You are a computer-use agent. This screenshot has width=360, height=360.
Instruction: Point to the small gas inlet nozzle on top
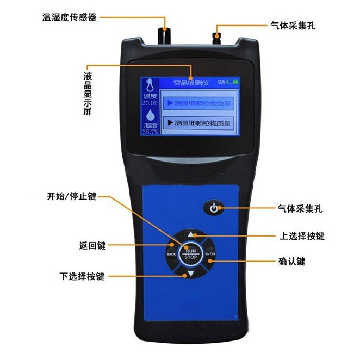pyautogui.click(x=219, y=35)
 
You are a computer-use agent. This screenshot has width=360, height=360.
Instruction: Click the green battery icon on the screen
pyautogui.click(x=232, y=82)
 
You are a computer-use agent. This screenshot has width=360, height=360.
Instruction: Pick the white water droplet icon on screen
pyautogui.click(x=149, y=115)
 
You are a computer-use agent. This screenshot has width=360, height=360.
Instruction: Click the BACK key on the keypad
pyautogui.click(x=171, y=254)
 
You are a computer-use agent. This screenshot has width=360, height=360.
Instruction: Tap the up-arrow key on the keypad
pyautogui.click(x=190, y=235)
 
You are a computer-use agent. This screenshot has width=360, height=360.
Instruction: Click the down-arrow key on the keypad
pyautogui.click(x=190, y=273)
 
